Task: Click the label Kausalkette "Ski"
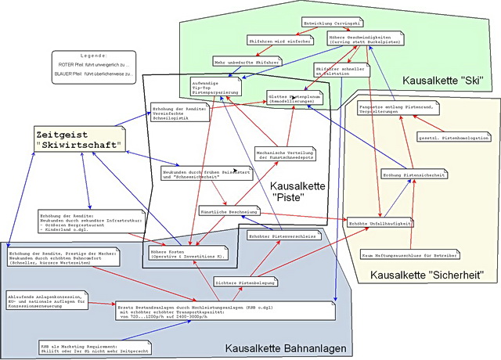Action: pyautogui.click(x=442, y=81)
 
